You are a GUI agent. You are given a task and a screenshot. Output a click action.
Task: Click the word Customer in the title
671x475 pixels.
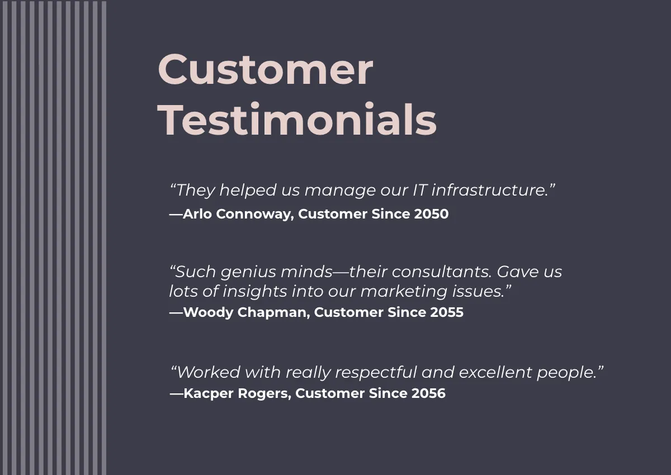click(265, 70)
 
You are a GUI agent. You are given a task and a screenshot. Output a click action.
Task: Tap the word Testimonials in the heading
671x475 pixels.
click(297, 120)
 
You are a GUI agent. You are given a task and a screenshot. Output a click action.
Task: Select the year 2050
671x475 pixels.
click(431, 214)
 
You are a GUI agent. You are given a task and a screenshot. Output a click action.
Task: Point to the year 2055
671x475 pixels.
click(446, 312)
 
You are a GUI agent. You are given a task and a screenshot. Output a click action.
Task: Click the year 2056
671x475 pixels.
click(428, 393)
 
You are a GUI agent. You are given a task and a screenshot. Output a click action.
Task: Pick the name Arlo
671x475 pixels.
click(198, 214)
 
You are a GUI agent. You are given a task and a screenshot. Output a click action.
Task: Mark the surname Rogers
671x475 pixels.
click(265, 393)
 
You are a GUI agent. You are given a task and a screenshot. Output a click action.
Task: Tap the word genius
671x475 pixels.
click(243, 272)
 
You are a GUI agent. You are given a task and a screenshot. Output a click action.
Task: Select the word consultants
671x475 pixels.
click(439, 272)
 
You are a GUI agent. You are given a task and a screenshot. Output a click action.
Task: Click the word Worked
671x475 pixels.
click(209, 372)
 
